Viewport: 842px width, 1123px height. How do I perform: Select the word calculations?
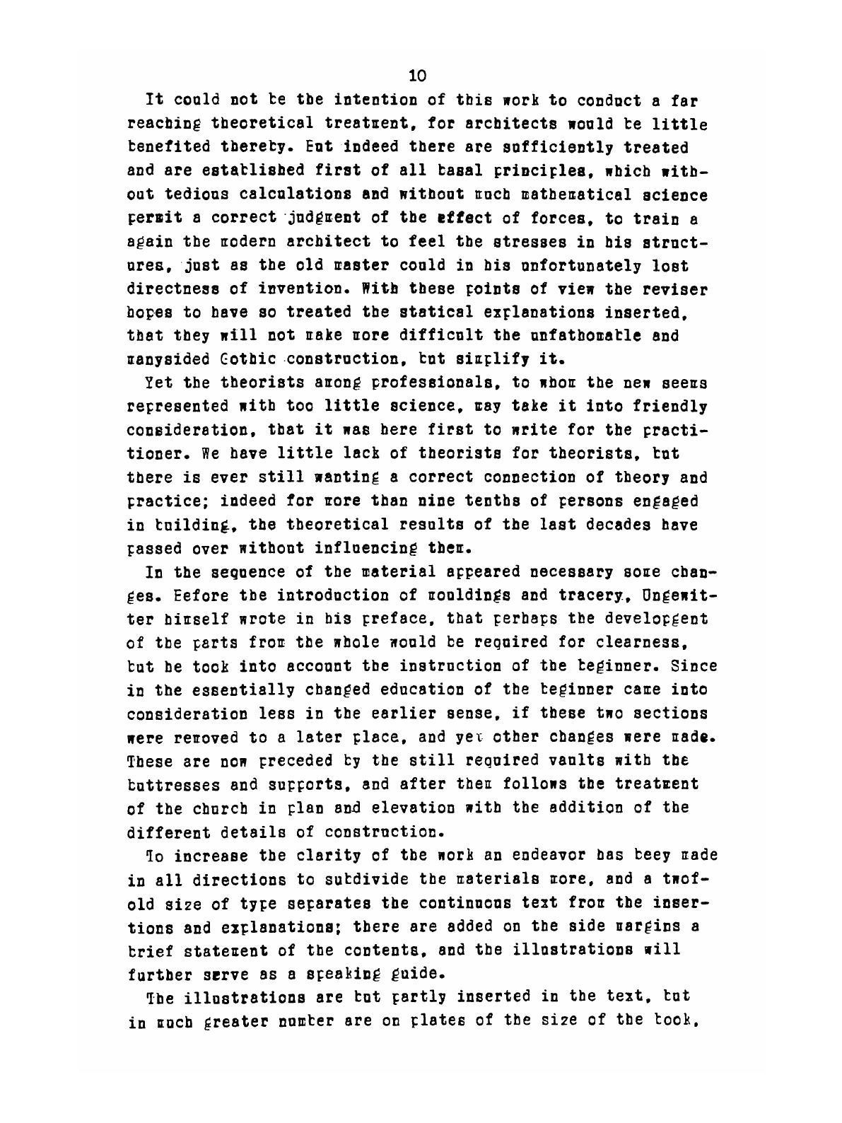[x=283, y=194]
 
